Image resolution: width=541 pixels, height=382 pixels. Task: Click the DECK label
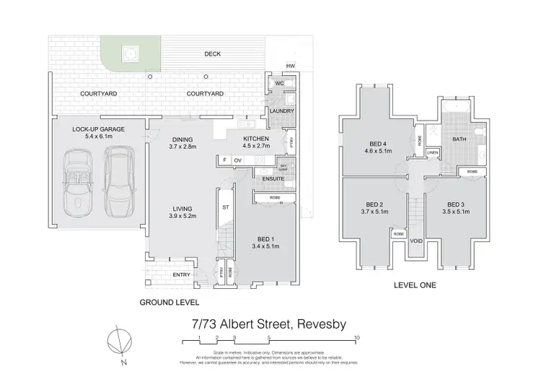(212, 54)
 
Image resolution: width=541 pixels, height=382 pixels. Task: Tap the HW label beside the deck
(290, 66)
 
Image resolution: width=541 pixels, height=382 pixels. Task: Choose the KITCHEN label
(256, 138)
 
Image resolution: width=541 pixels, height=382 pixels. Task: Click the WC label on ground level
(276, 84)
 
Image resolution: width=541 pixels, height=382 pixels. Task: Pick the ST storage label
(224, 208)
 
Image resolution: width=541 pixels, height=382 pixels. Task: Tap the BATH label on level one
(459, 139)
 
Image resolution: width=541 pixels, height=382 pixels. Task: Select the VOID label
(415, 241)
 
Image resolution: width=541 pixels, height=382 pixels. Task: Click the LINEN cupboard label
(433, 152)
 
